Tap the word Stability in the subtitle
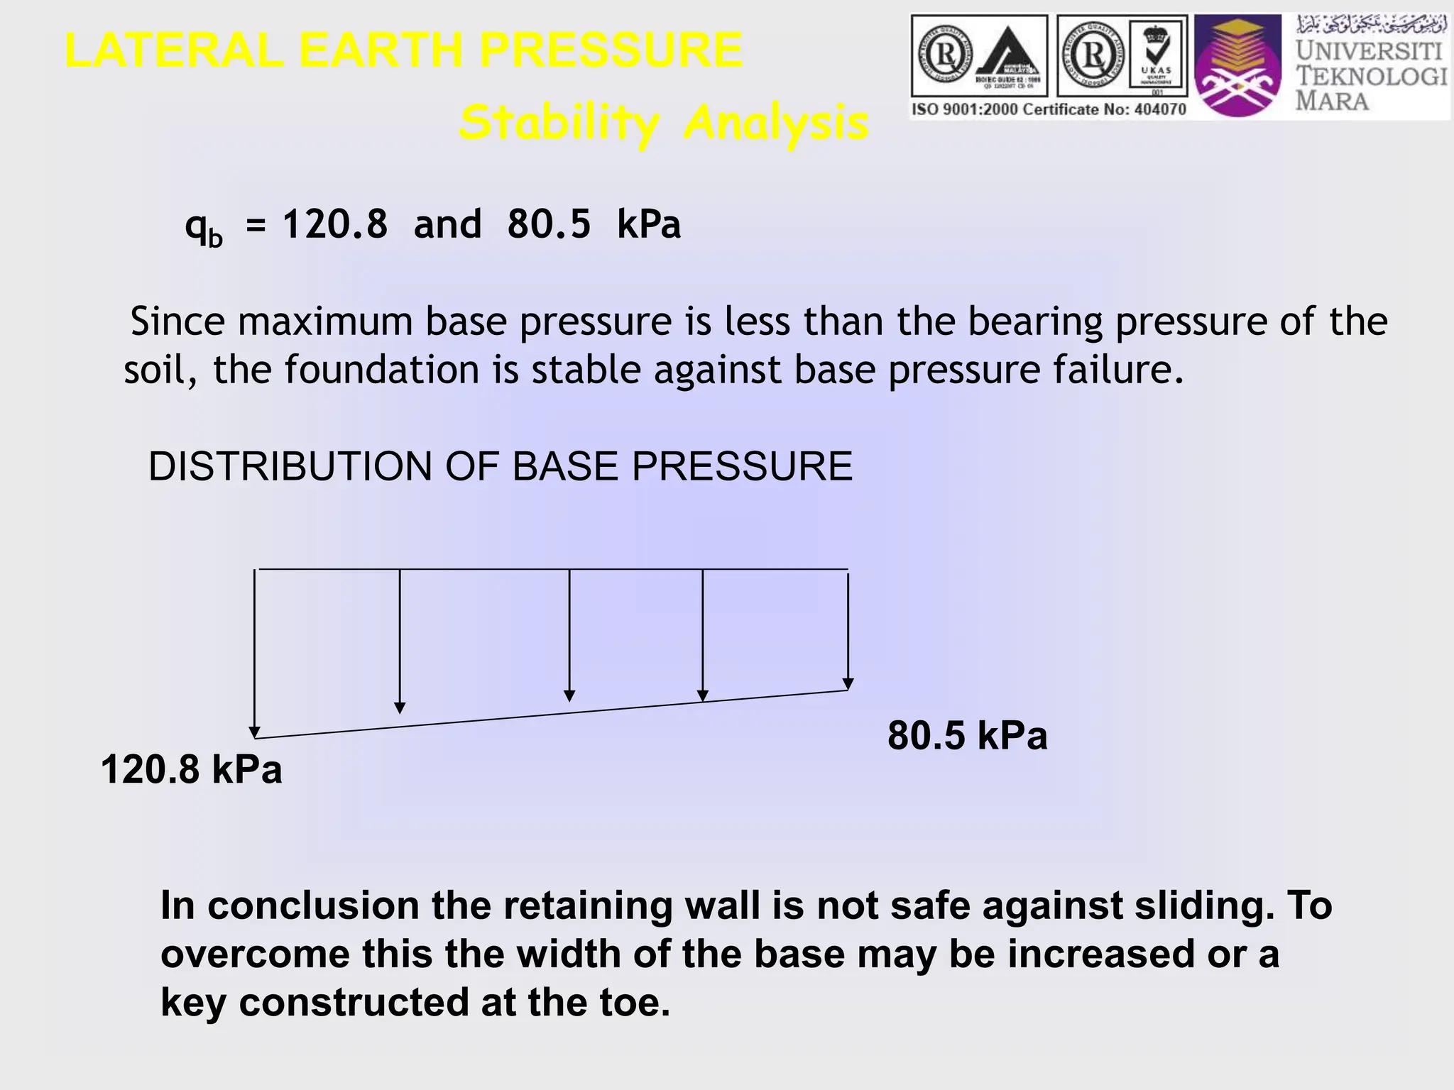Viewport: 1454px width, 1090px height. coord(559,123)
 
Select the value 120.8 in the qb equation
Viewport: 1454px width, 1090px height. coord(335,224)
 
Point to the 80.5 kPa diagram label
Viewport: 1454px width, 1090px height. coord(967,735)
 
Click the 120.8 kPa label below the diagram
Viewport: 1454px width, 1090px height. coord(192,770)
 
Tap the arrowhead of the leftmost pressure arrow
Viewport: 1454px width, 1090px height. coord(254,732)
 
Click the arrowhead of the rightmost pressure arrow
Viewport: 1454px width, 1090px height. coord(848,684)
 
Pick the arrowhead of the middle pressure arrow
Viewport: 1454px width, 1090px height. coord(569,696)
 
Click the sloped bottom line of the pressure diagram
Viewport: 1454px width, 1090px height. coord(551,715)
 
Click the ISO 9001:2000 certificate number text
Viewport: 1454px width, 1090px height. coord(1049,109)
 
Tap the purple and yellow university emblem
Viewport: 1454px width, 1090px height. coord(1237,65)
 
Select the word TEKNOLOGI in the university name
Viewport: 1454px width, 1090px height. coord(1370,76)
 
